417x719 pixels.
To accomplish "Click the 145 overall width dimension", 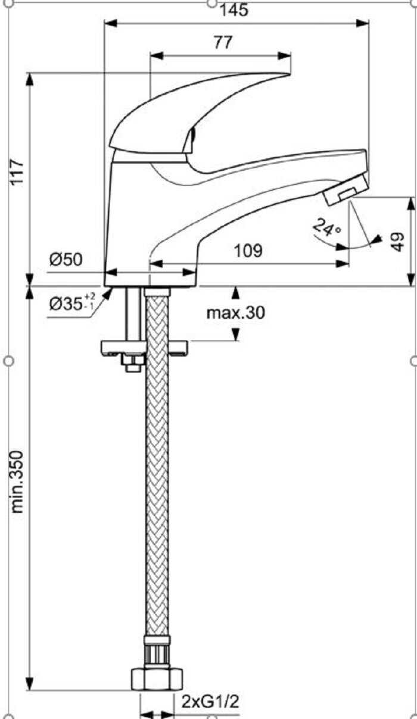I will pyautogui.click(x=234, y=10).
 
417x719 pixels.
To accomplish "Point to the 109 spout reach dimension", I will pyautogui.click(x=248, y=251).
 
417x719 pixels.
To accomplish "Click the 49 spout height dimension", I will pyautogui.click(x=398, y=241).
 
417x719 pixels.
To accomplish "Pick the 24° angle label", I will pyautogui.click(x=326, y=228).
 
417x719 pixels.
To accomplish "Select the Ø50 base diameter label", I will pyautogui.click(x=66, y=260).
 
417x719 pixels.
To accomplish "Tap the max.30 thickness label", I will pyautogui.click(x=235, y=312).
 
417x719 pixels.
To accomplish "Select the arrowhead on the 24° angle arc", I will pyautogui.click(x=375, y=240).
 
